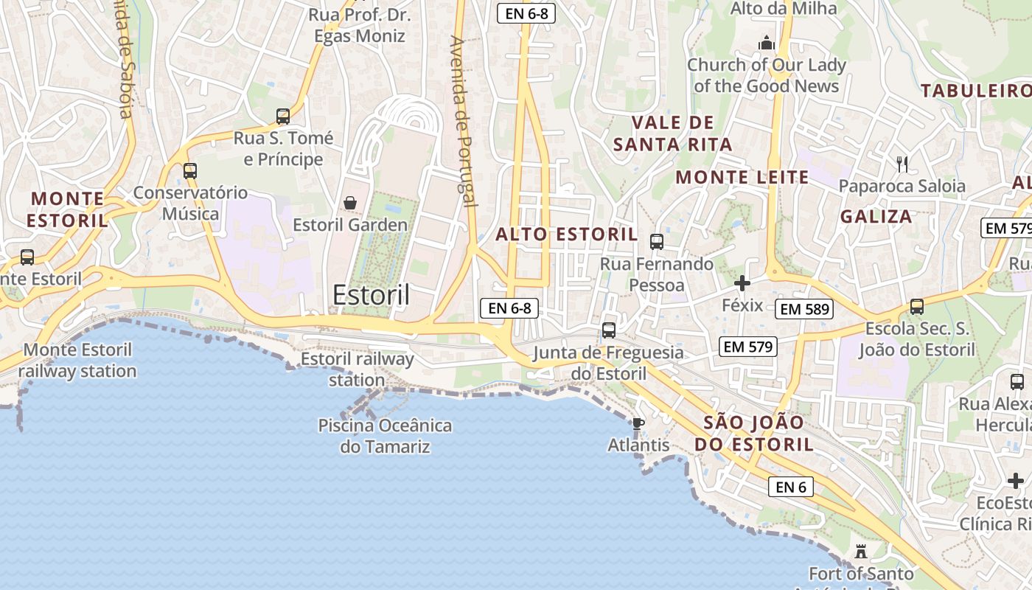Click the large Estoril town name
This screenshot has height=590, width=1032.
click(x=371, y=294)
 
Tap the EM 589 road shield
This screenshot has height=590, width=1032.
click(x=805, y=309)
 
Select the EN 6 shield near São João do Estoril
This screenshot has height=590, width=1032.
click(x=790, y=487)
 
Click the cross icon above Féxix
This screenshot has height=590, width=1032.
click(x=742, y=283)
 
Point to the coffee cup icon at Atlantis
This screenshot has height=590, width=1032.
click(x=638, y=423)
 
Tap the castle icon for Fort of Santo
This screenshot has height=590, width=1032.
click(x=860, y=551)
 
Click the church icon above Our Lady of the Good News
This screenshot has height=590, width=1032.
click(x=767, y=43)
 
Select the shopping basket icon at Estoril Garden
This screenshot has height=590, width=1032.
click(x=350, y=203)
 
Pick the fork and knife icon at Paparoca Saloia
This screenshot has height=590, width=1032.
click(x=902, y=164)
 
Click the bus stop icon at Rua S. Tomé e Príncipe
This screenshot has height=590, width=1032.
click(x=283, y=116)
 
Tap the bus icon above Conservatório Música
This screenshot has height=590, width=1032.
click(x=190, y=171)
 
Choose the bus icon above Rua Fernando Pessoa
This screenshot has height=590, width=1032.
click(x=656, y=241)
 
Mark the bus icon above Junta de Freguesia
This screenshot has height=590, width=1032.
click(x=609, y=330)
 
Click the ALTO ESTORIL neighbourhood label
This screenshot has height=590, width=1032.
click(x=566, y=235)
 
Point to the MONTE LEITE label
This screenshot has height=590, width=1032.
click(x=742, y=177)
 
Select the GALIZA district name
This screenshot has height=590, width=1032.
click(x=876, y=217)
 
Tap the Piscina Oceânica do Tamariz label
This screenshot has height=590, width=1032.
click(x=385, y=436)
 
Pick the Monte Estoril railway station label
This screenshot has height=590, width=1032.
click(x=77, y=361)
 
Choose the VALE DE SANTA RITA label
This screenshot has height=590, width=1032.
click(x=672, y=133)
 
